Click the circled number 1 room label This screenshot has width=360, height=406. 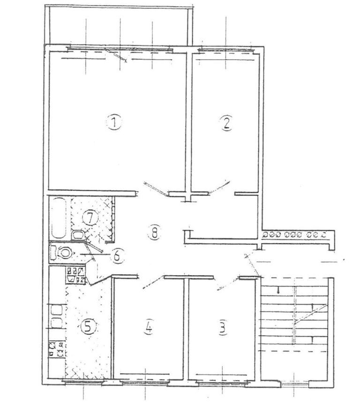[114, 122]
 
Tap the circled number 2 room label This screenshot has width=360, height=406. [226, 123]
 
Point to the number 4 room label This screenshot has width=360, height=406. [149, 328]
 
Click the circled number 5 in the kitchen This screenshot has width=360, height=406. [88, 327]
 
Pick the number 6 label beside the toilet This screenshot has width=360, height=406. [117, 256]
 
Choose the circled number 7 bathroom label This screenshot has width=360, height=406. [90, 219]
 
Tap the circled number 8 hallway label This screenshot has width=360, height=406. [155, 233]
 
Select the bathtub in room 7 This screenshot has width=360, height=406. [59, 218]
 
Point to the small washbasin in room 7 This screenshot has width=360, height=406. [78, 235]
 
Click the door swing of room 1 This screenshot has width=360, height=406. [156, 188]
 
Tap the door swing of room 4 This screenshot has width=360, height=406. [153, 283]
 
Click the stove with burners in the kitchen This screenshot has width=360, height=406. [57, 348]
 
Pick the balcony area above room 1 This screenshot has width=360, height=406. [119, 25]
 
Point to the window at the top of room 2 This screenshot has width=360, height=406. [225, 49]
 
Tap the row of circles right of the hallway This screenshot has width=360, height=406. [294, 235]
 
